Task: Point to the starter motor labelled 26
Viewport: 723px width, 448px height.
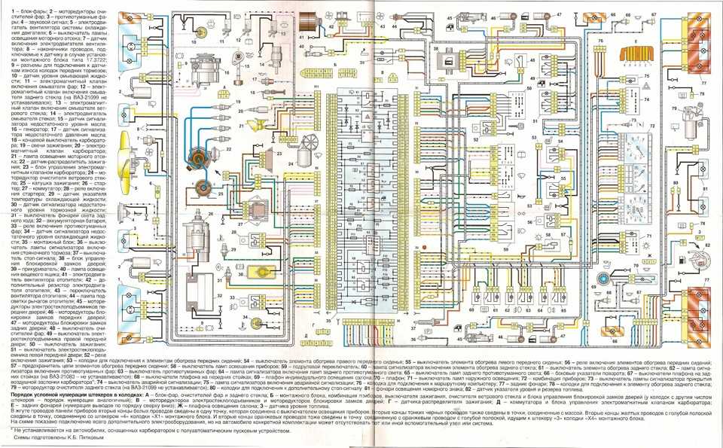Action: tap(202, 226)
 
